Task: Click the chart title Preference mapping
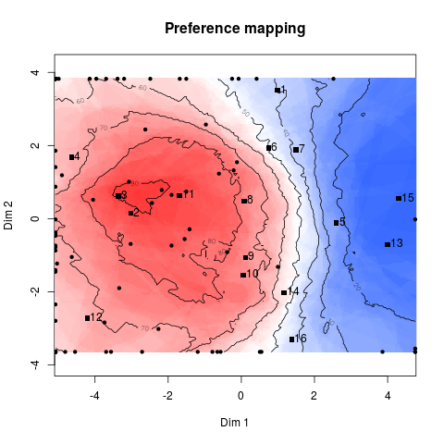[235, 29]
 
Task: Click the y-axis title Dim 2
[10, 218]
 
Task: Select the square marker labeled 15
[399, 198]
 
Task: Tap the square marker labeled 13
[388, 244]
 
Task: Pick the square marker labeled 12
[88, 318]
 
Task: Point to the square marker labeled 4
[71, 157]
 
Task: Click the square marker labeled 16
[292, 339]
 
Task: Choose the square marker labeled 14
[284, 292]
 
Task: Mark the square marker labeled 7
[296, 150]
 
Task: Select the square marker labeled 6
[269, 148]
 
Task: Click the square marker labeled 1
[277, 91]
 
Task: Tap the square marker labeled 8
[244, 201]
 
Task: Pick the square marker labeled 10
[243, 275]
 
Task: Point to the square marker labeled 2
[130, 213]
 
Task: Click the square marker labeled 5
[337, 223]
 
